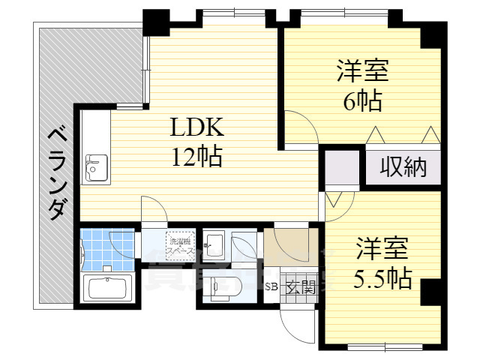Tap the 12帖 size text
tap(196, 157)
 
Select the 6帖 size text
tap(362, 100)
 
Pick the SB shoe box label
tap(270, 286)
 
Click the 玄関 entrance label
tap(298, 286)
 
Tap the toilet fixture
tap(222, 285)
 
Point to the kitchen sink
tap(96, 166)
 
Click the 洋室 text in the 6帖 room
tap(362, 71)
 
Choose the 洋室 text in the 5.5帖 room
tap(382, 248)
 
